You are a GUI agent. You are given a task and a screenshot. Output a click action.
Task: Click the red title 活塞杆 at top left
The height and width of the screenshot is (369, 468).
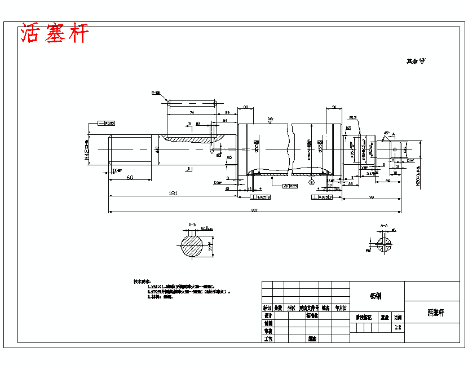click(55, 34)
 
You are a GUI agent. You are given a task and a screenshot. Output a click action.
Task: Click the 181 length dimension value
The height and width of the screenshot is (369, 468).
click(173, 194)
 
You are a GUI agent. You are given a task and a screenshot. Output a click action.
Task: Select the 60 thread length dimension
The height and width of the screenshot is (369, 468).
click(130, 177)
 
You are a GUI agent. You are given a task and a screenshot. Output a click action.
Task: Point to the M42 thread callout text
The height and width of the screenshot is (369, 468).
click(87, 150)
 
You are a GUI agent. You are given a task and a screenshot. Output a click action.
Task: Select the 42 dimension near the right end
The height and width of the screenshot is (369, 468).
click(388, 180)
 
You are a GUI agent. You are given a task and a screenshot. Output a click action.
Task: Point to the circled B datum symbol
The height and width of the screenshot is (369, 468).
click(311, 182)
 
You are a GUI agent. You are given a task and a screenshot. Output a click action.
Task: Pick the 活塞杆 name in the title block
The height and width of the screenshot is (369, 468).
click(436, 312)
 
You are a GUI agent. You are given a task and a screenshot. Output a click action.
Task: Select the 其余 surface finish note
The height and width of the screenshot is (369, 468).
click(415, 61)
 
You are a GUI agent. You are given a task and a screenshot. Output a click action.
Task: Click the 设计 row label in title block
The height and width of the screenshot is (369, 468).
click(268, 316)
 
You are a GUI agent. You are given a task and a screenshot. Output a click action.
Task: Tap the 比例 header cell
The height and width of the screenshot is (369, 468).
click(398, 318)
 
